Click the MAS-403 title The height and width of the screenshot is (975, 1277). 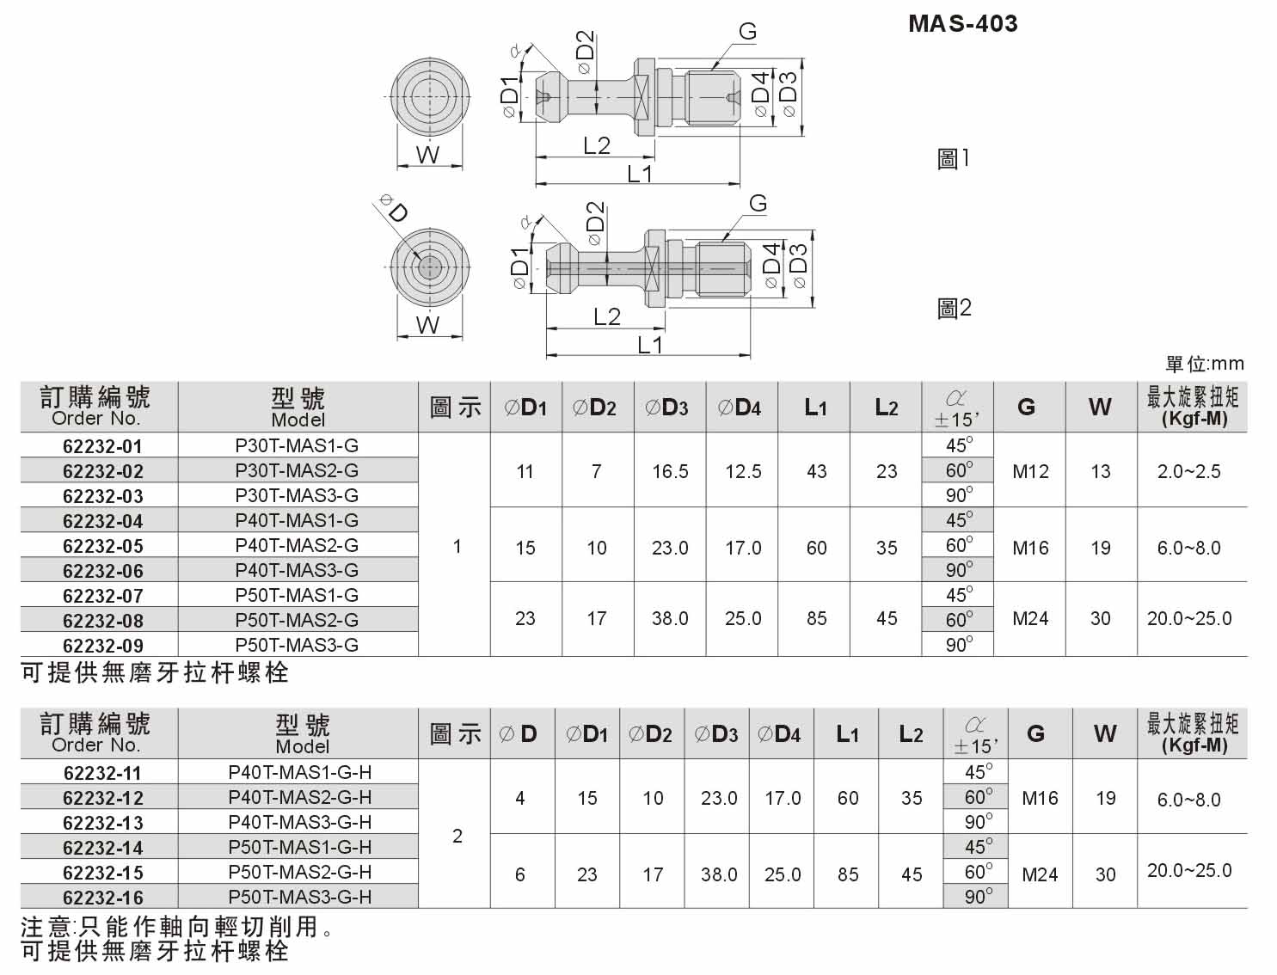point(962,23)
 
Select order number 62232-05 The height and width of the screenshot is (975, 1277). point(103,546)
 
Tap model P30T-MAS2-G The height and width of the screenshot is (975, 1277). point(297,469)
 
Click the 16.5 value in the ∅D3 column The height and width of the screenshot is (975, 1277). point(670,471)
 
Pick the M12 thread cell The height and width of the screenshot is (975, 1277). point(1029,471)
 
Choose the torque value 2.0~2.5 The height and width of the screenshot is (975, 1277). point(1188,471)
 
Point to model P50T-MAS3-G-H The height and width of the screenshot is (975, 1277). point(299,897)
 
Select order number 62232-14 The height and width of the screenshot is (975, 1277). point(103,848)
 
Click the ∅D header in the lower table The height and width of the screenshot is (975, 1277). point(517,733)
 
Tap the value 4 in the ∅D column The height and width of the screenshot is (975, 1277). point(520,798)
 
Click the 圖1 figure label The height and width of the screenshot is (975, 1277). point(953,158)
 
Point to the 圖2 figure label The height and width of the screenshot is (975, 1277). point(955,308)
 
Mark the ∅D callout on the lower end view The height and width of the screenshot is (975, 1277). point(394,209)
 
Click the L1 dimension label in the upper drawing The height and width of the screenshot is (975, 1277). point(640,174)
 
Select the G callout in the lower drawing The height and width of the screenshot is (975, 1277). point(758,203)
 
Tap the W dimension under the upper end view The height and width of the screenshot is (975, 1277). point(427,156)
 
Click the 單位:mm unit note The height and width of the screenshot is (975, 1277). point(1204,364)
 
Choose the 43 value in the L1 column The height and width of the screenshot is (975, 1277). point(816,471)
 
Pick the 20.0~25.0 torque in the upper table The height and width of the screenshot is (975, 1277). point(1189,618)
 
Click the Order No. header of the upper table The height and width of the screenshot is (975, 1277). point(95,418)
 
